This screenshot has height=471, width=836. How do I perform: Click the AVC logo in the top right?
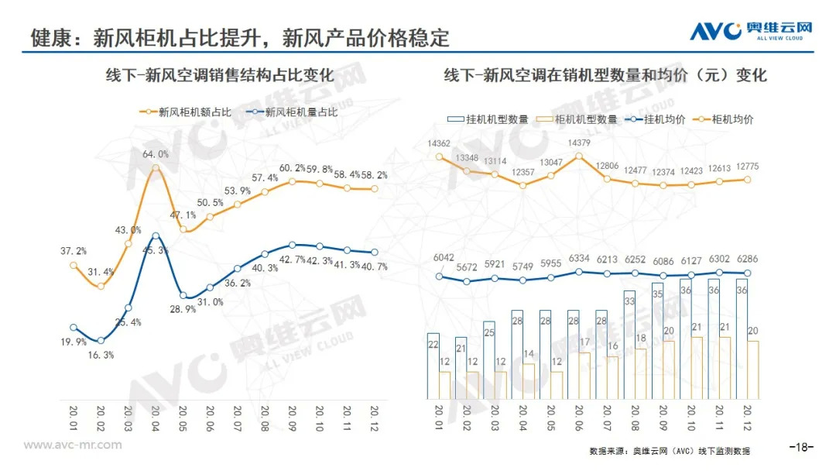pyautogui.click(x=750, y=29)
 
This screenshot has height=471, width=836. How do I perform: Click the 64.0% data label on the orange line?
pyautogui.click(x=156, y=154)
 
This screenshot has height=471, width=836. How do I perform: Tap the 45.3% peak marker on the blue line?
pyautogui.click(x=156, y=235)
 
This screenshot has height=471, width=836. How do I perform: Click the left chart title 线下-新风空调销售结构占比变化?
pyautogui.click(x=220, y=75)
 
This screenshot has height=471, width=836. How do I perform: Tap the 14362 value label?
pyautogui.click(x=439, y=143)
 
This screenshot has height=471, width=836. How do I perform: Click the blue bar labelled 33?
pyautogui.click(x=629, y=345)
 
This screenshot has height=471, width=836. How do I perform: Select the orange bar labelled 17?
pyautogui.click(x=584, y=376)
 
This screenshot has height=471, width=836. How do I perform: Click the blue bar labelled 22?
pyautogui.click(x=433, y=366)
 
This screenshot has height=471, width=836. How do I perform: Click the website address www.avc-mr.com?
pyautogui.click(x=73, y=445)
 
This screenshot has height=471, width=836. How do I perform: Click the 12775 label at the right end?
pyautogui.click(x=746, y=165)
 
